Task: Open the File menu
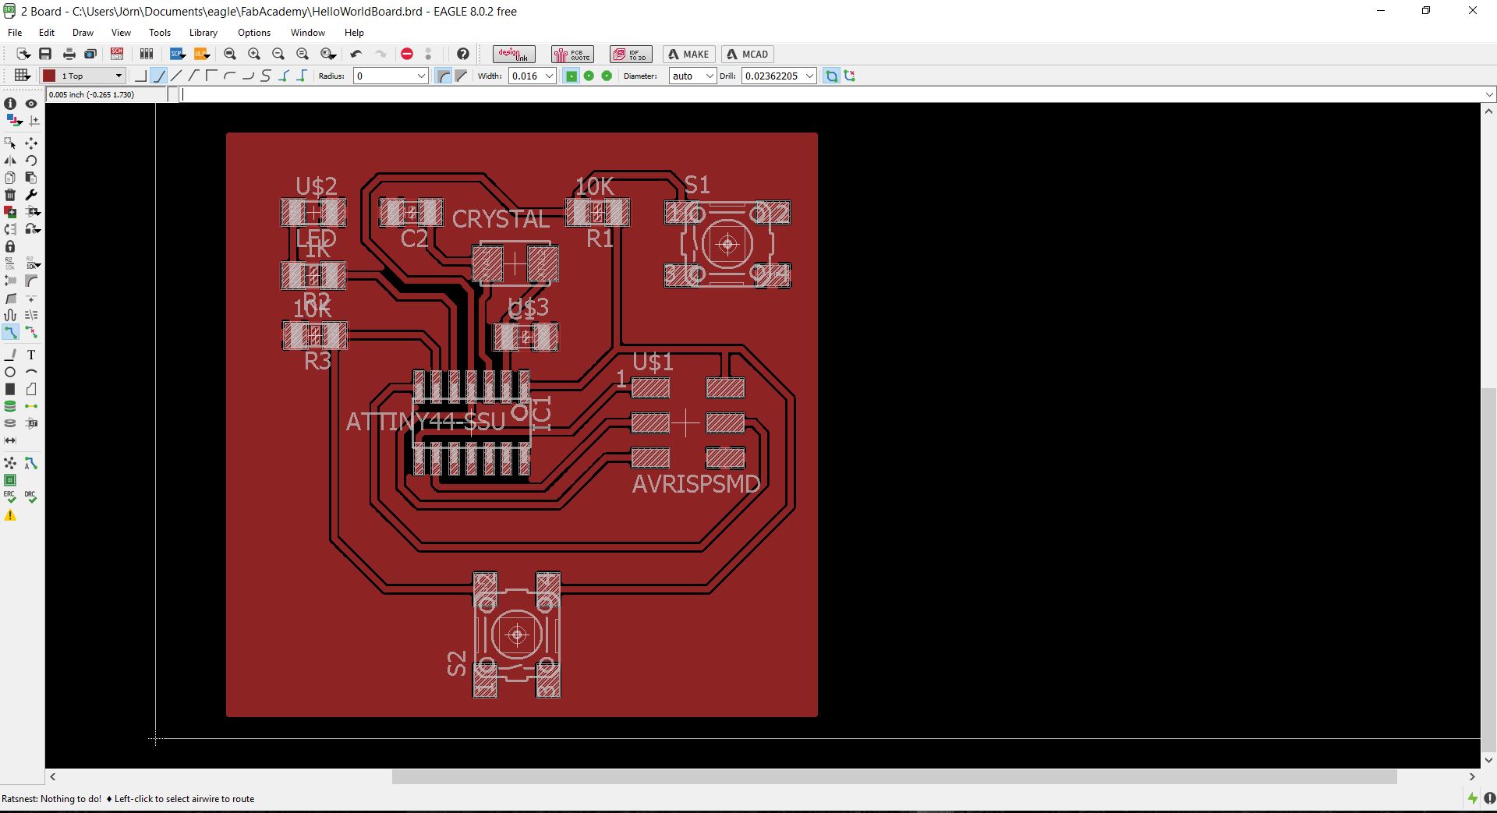coord(15,33)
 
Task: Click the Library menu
coord(203,33)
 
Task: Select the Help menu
coord(354,33)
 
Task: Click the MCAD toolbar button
coord(747,54)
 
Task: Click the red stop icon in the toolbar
coord(406,54)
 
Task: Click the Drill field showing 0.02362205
coord(771,76)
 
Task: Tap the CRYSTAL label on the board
coord(501,219)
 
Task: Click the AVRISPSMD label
coord(695,484)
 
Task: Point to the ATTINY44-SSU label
coord(426,422)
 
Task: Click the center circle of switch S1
coord(727,244)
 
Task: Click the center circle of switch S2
coord(517,635)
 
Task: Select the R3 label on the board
coord(317,362)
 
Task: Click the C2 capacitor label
coord(414,239)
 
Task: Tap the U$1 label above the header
coord(653,362)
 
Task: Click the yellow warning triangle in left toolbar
coord(10,515)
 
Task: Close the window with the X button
coord(1473,11)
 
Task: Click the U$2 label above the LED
coord(316,186)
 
